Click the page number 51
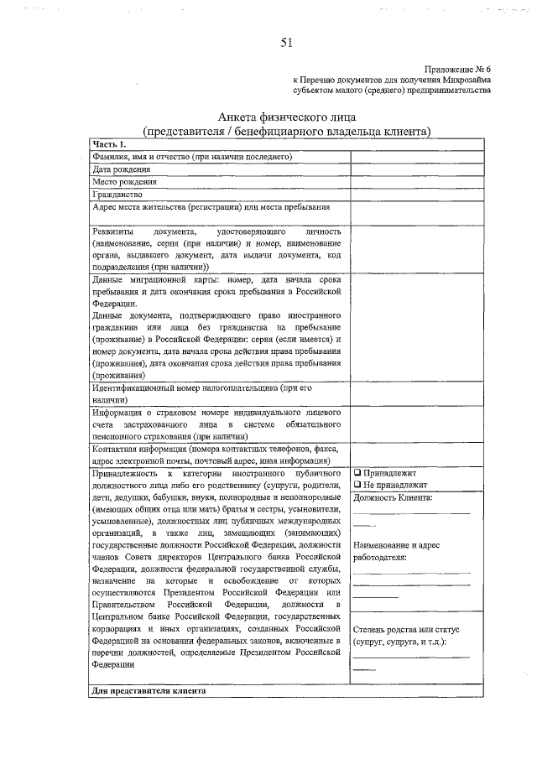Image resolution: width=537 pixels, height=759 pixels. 286,42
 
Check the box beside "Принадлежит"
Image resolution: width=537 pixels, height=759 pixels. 357,473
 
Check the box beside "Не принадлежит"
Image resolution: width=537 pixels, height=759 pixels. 357,485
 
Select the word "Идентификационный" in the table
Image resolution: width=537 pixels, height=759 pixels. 138,387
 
